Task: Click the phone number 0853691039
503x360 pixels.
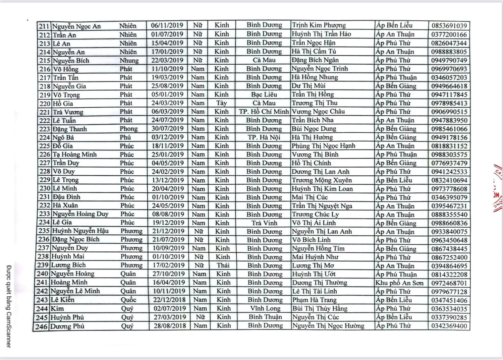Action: pyautogui.click(x=449, y=26)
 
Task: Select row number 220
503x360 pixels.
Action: pyautogui.click(x=45, y=104)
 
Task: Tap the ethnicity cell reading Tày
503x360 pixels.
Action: pyautogui.click(x=221, y=103)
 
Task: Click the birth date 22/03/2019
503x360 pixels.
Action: pyautogui.click(x=167, y=60)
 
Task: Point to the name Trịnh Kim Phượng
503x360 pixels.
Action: pyautogui.click(x=319, y=25)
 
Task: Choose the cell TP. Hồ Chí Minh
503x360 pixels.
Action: pyautogui.click(x=264, y=112)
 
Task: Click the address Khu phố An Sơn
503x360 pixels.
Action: pyautogui.click(x=399, y=283)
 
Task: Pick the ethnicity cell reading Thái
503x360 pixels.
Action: pyautogui.click(x=223, y=265)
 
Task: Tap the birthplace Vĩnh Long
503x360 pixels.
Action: pyautogui.click(x=265, y=308)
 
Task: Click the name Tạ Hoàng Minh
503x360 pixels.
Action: pyautogui.click(x=74, y=155)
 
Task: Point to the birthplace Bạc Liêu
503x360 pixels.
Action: pyautogui.click(x=264, y=95)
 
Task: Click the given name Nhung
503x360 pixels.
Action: pyautogui.click(x=129, y=61)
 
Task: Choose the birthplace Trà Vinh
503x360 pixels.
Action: pyautogui.click(x=264, y=223)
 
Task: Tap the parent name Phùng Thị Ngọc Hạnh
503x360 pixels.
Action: pyautogui.click(x=323, y=146)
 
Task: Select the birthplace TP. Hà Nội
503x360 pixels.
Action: pyautogui.click(x=264, y=137)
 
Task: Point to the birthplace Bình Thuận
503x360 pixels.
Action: pyautogui.click(x=265, y=317)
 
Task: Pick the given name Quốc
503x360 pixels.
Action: pyautogui.click(x=128, y=300)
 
